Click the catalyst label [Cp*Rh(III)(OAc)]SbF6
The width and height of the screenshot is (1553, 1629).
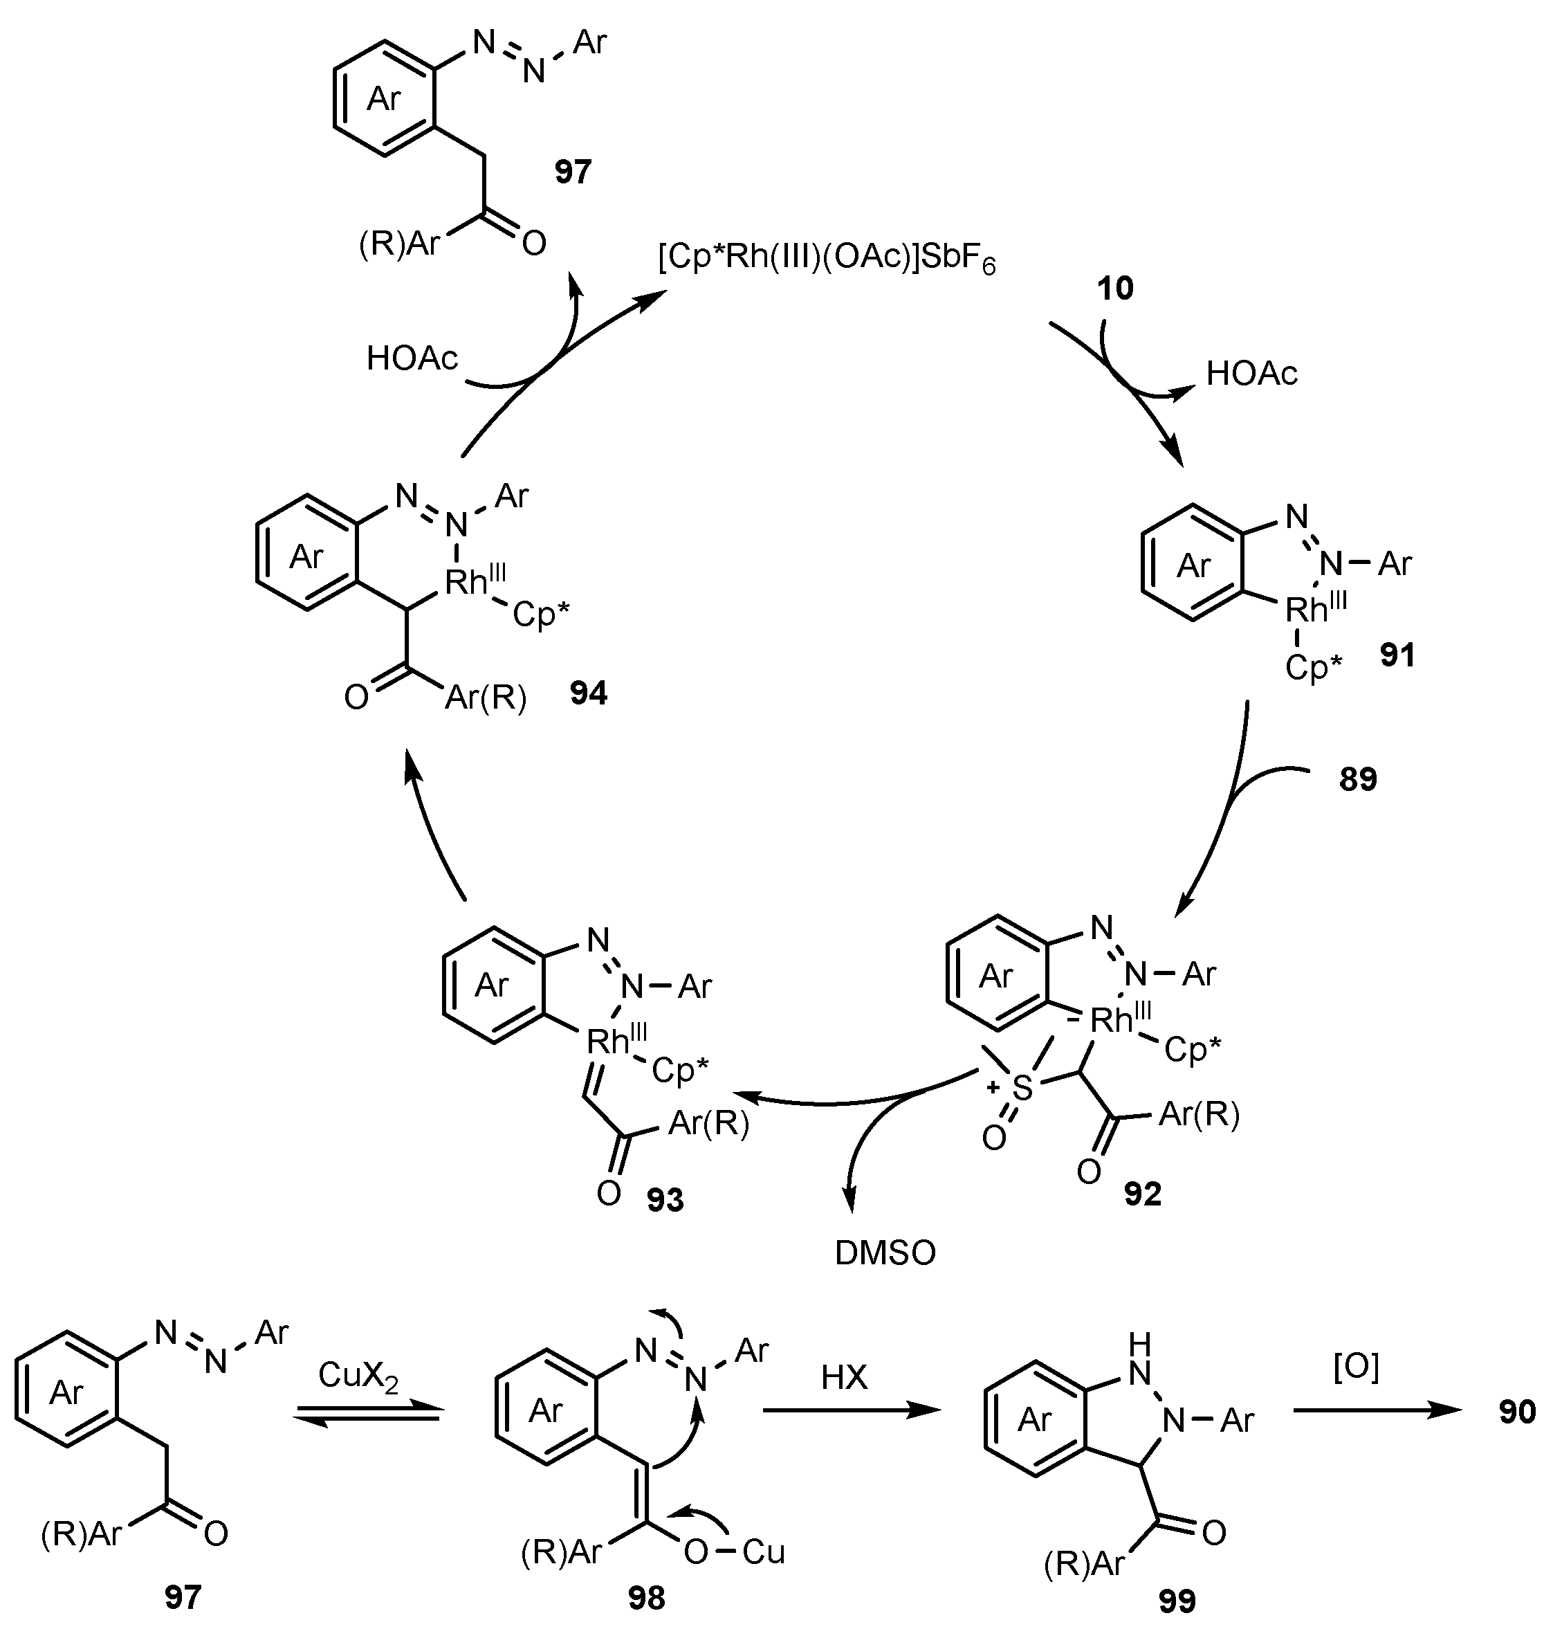[x=826, y=260]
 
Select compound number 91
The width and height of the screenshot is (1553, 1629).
[x=1397, y=656]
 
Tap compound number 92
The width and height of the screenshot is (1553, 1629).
[x=1142, y=1194]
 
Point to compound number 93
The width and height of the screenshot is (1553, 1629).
[x=665, y=1200]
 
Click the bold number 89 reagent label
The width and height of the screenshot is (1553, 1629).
[x=1358, y=779]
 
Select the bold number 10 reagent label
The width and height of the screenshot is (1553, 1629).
[x=1115, y=289]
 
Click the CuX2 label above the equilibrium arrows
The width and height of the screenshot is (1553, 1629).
[x=358, y=1375]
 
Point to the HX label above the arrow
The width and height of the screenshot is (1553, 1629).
[x=843, y=1378]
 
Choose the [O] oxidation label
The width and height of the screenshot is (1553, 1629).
[x=1356, y=1368]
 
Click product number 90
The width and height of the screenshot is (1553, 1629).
[x=1516, y=1412]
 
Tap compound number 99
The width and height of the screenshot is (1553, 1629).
[x=1177, y=1602]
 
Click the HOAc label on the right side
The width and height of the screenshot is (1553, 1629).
[x=1251, y=374]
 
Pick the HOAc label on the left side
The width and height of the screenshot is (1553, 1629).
[x=412, y=359]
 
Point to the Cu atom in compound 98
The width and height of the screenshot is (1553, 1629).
[x=763, y=1552]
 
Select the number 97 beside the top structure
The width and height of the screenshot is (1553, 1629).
[x=573, y=172]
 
